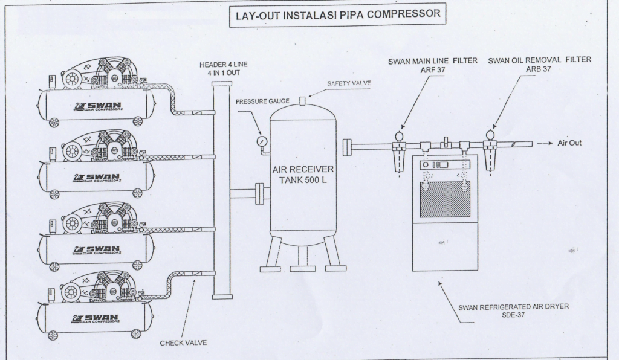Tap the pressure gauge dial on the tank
(261, 140)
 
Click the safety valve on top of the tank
(303, 99)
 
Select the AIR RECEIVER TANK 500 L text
(303, 174)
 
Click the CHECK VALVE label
(183, 342)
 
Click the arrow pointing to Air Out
(545, 144)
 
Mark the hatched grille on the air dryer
(445, 199)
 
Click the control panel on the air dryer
(435, 165)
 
